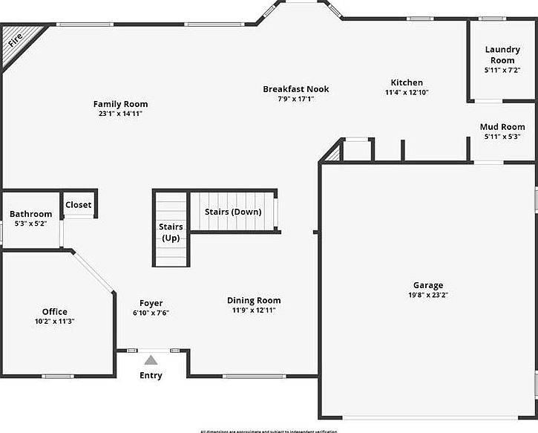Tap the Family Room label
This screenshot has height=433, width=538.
(120, 104)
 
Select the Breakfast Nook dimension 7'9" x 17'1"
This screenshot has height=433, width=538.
(295, 99)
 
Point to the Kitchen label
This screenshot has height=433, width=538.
(407, 82)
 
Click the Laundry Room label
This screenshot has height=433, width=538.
(502, 55)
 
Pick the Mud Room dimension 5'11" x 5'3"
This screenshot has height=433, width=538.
(502, 137)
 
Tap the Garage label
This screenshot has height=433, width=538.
(428, 285)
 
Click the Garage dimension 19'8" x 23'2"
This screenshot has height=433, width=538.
(428, 295)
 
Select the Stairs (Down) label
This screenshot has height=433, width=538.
(233, 212)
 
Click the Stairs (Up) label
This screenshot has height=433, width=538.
(171, 232)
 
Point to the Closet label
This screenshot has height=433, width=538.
(78, 205)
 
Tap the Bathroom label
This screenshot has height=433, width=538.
(30, 214)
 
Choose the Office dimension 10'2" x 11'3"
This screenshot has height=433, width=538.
(54, 322)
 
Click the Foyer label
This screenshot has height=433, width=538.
(151, 303)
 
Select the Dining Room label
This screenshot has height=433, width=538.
(254, 301)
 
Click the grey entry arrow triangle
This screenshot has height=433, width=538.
(151, 360)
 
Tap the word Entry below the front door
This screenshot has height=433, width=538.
(151, 375)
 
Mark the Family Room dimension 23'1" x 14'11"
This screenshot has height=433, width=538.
(120, 114)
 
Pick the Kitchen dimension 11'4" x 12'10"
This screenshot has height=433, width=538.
(407, 92)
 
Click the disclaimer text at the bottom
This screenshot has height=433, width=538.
(269, 430)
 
